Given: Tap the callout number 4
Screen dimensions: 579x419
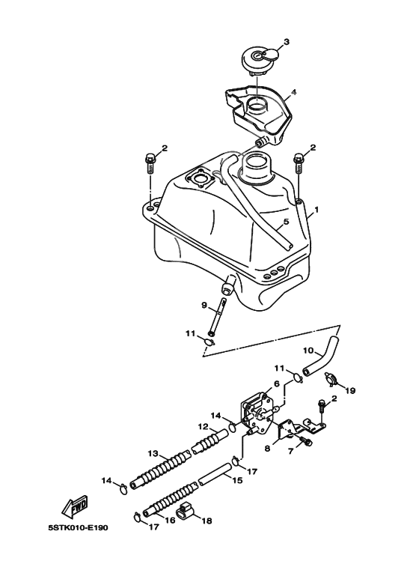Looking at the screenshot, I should (294, 92).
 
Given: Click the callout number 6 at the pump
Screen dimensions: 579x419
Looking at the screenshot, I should (276, 384).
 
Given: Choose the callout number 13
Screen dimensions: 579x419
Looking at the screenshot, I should (153, 453).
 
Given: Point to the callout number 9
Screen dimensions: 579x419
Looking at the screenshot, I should (204, 305).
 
